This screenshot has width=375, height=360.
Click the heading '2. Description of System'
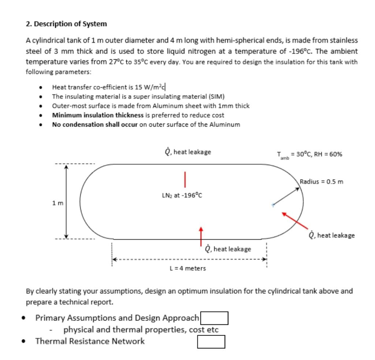point(66,24)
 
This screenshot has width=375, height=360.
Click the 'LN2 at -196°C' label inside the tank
point(182,195)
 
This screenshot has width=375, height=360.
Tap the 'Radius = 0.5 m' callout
point(321,181)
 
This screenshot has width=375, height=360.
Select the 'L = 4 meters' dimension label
point(188,269)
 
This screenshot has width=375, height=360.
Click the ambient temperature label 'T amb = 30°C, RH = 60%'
point(309,154)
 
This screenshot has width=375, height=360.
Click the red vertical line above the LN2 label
point(185,179)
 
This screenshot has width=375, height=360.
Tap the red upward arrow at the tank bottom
point(201,236)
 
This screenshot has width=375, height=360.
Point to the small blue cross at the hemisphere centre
point(272,205)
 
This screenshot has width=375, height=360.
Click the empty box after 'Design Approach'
point(214,318)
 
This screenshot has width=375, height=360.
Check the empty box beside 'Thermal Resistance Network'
point(211,342)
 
